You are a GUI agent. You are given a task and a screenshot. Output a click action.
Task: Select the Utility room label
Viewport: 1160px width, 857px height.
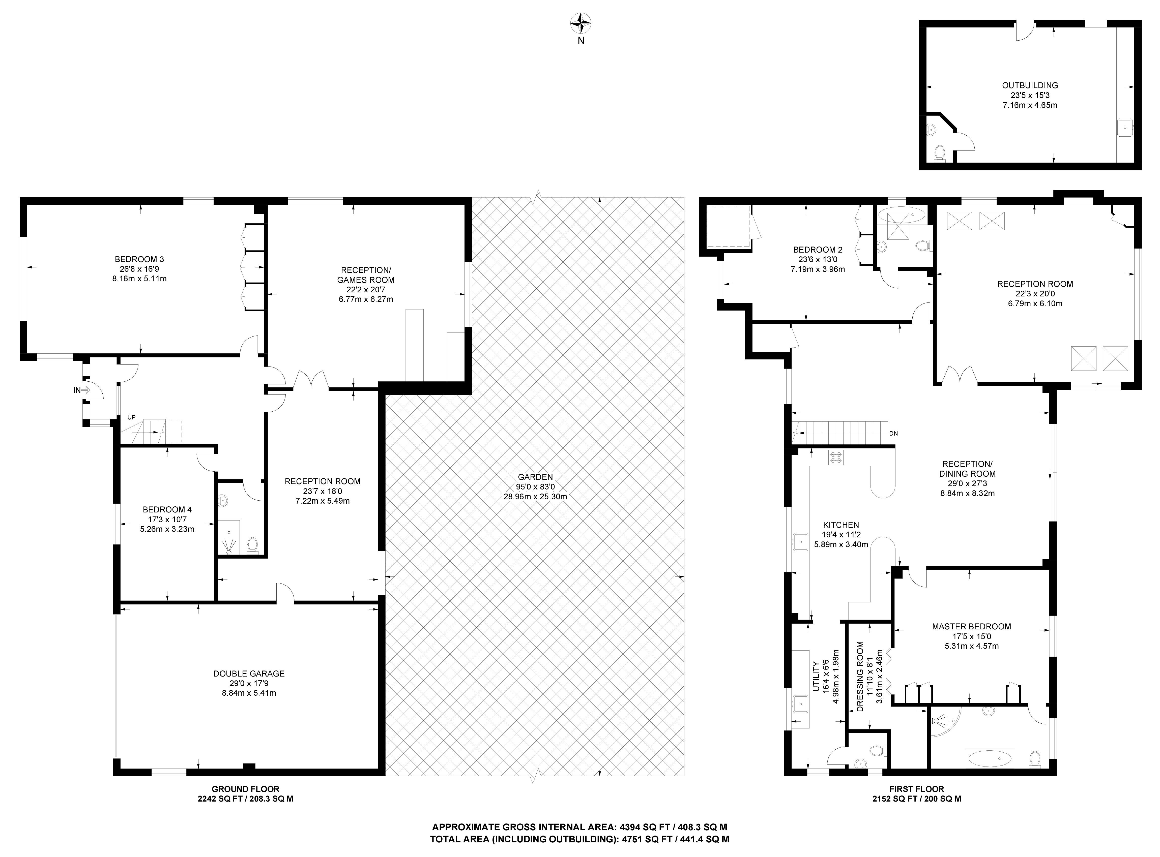click(x=815, y=677)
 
